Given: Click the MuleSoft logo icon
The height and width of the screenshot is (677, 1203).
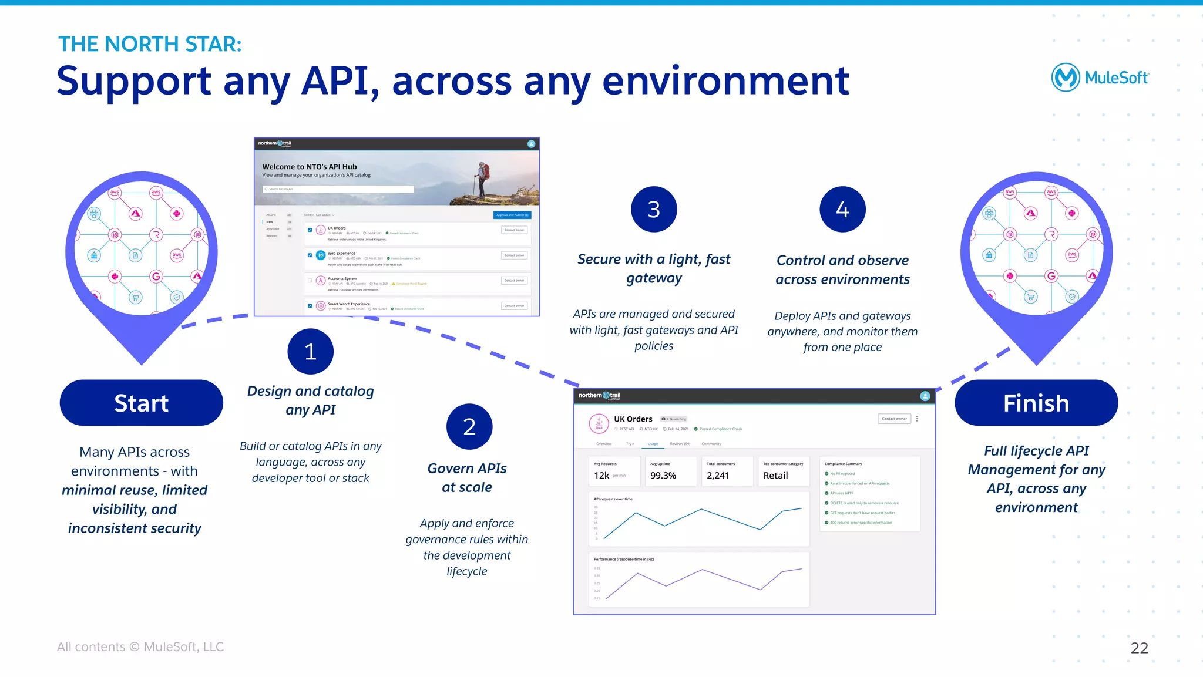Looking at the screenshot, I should tap(1065, 78).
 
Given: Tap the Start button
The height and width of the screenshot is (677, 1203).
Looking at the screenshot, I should tap(141, 403).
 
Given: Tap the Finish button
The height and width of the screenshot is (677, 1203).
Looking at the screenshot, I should tap(1036, 403).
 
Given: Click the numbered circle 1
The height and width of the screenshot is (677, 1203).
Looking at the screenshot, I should tap(310, 351).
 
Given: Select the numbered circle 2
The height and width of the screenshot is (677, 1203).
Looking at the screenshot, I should tap(469, 427).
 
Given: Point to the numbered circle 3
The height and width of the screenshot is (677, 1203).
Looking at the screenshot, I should tap(654, 210).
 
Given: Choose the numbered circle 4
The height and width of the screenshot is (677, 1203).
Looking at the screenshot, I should tap(842, 210).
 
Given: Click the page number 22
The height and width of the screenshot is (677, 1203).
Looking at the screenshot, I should tap(1139, 648).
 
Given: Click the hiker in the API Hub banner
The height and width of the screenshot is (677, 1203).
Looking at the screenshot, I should tap(482, 179).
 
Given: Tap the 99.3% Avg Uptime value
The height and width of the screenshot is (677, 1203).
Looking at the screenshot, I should tap(663, 476).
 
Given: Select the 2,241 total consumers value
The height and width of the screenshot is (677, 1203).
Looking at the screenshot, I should tap(718, 476).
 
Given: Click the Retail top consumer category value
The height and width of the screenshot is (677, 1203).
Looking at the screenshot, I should tap(775, 476).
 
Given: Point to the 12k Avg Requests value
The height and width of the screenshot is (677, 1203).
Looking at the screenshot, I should tap(601, 476).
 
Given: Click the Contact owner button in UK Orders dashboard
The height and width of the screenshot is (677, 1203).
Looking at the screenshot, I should tap(894, 419).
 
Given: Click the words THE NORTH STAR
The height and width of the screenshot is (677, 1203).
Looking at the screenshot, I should tap(150, 44).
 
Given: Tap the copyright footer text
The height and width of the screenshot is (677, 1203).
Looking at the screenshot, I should tap(140, 646).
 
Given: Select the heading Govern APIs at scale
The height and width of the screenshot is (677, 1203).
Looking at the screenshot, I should tap(467, 477).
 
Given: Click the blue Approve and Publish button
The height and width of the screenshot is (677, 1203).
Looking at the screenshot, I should tap(512, 215).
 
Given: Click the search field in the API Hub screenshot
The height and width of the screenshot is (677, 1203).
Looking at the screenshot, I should tap(338, 189).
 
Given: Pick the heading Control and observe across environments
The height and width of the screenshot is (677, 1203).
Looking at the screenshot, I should tap(842, 270).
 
